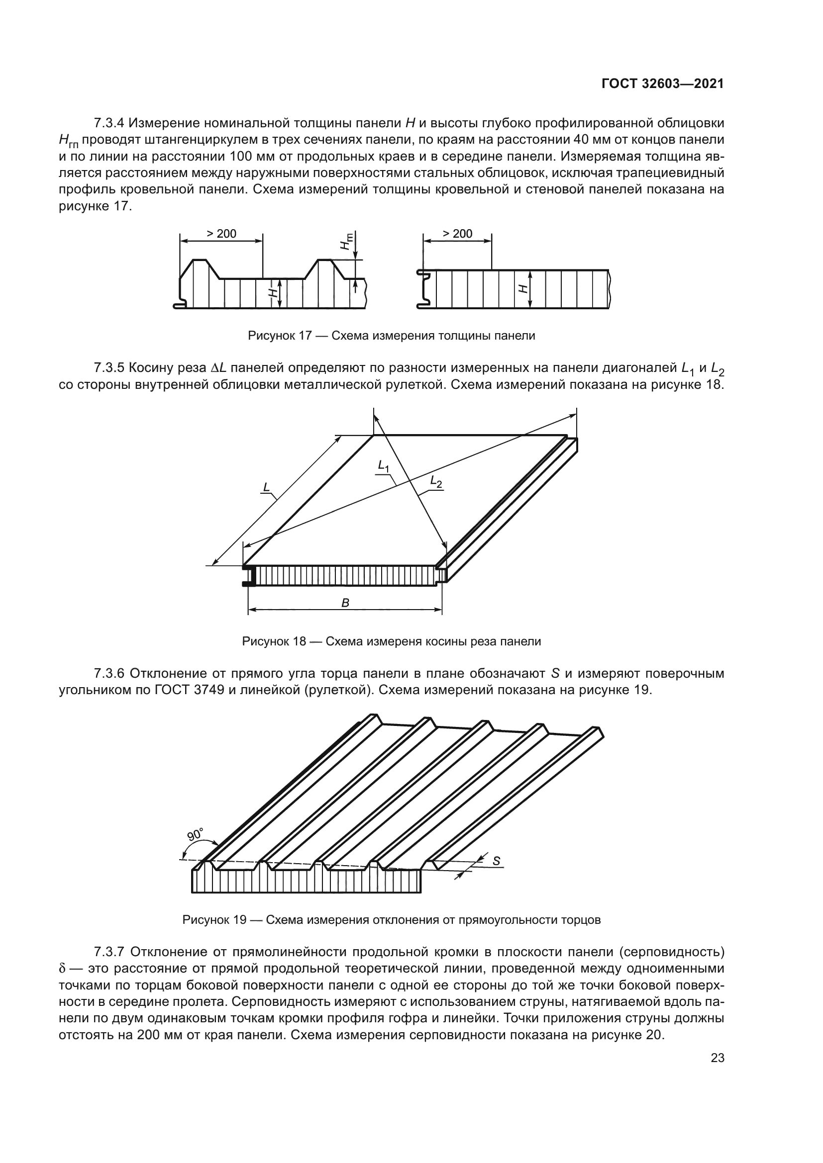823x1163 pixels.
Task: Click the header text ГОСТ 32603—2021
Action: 662,84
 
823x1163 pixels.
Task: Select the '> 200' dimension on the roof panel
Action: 221,234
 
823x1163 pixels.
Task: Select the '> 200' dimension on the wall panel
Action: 457,234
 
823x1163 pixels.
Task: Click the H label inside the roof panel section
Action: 273,292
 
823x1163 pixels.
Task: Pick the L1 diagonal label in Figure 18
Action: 383,465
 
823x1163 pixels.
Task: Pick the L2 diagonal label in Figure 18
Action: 436,482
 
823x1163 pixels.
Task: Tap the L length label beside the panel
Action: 266,487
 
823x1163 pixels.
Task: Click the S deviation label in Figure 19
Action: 496,861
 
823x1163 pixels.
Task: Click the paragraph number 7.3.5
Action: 109,367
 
